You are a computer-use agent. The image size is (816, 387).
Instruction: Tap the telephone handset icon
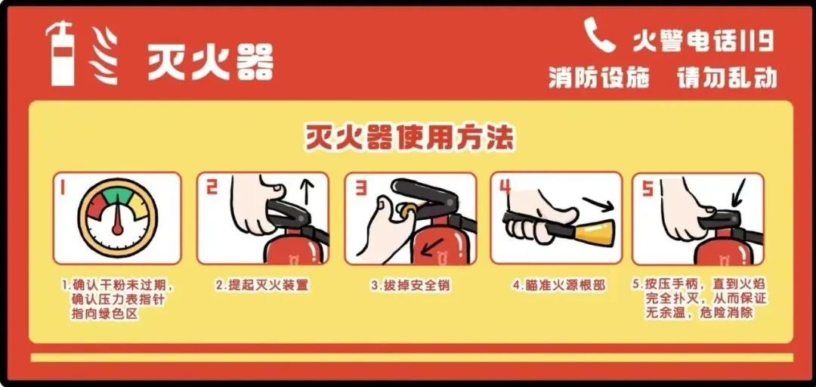[x=598, y=35]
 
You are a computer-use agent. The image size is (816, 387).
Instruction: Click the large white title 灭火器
[x=210, y=61]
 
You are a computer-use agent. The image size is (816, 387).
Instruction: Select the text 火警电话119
[x=703, y=41]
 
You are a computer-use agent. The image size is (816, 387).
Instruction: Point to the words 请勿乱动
[x=727, y=78]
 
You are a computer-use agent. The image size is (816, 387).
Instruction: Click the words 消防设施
[x=599, y=78]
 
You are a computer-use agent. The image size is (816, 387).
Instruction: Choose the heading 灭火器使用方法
[x=409, y=138]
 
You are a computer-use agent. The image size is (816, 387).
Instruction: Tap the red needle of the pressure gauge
[x=118, y=217]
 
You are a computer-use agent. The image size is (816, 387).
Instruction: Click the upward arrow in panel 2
[x=308, y=192]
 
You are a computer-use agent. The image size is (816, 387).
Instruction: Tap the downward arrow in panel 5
[x=738, y=192]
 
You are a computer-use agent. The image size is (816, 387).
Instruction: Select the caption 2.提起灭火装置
[x=262, y=286]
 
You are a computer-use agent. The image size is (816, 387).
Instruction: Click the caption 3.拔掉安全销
[x=410, y=286]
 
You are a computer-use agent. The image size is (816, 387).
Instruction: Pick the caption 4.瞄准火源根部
[x=558, y=286]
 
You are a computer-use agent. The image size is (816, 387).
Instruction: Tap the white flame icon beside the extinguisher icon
[x=103, y=55]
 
